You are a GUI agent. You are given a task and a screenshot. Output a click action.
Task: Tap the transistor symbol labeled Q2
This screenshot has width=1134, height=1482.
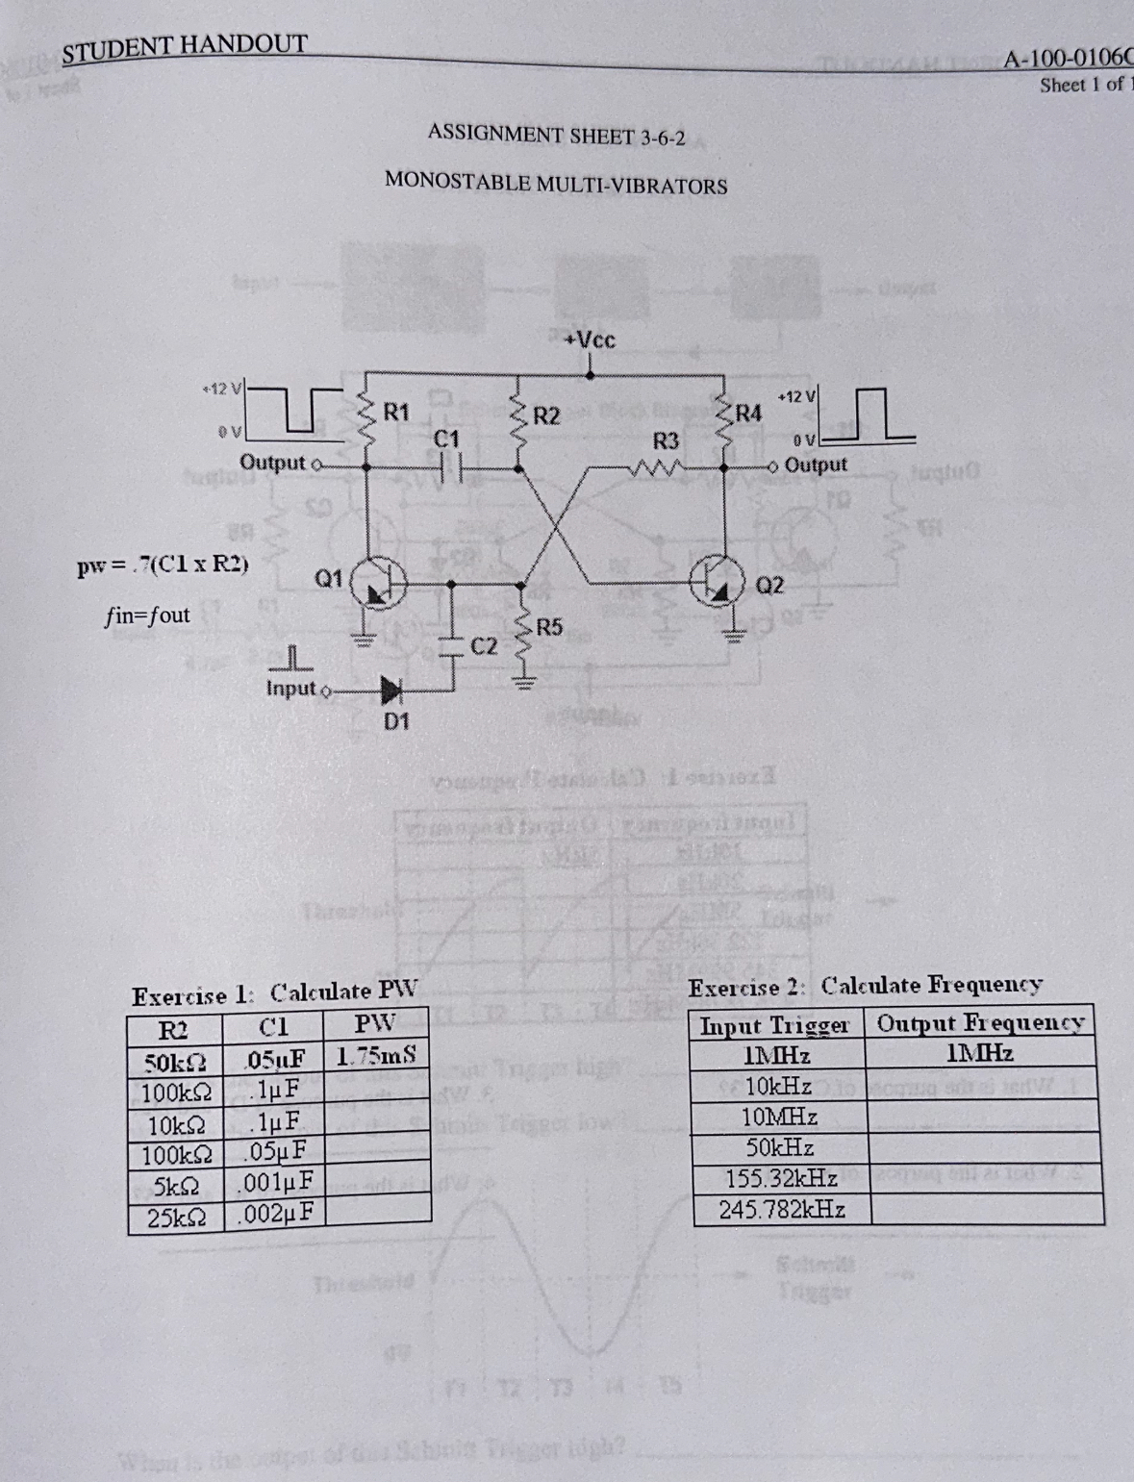click(719, 584)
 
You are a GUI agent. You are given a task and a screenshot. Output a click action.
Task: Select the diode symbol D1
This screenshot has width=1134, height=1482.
click(391, 690)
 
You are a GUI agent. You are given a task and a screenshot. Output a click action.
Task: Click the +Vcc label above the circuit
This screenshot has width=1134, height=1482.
click(590, 339)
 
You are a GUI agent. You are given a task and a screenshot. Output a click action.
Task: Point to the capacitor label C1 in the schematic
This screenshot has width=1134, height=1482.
click(446, 440)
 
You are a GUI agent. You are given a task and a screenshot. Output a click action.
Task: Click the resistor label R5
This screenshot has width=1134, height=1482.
click(549, 628)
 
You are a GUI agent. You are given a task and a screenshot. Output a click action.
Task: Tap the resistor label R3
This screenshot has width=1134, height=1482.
click(666, 441)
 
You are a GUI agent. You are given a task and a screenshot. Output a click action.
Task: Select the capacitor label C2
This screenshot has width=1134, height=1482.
click(484, 645)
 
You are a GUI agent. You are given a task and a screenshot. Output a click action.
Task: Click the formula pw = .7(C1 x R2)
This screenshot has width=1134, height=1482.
click(163, 565)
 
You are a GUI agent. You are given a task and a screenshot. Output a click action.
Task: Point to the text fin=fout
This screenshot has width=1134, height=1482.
click(147, 615)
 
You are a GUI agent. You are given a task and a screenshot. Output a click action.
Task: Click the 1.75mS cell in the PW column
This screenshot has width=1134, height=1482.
click(376, 1055)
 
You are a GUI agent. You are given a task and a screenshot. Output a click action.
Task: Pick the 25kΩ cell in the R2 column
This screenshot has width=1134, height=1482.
click(176, 1218)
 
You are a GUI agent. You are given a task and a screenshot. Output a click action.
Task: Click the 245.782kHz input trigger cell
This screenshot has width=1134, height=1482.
click(781, 1209)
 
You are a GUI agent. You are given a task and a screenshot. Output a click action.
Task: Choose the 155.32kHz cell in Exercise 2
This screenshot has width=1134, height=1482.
click(781, 1178)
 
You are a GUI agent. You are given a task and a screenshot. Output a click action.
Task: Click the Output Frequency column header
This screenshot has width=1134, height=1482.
click(980, 1022)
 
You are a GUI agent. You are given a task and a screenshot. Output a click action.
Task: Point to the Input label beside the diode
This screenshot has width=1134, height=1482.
click(290, 689)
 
